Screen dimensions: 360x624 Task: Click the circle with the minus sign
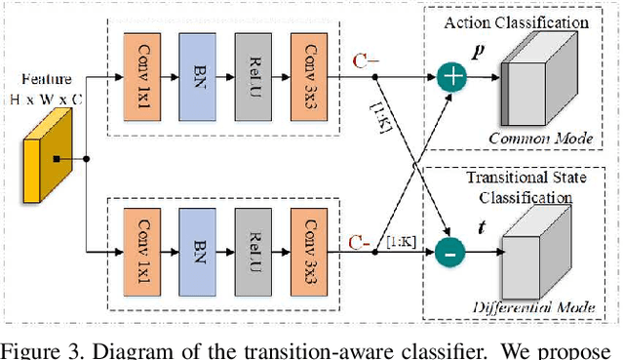(x=450, y=252)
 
